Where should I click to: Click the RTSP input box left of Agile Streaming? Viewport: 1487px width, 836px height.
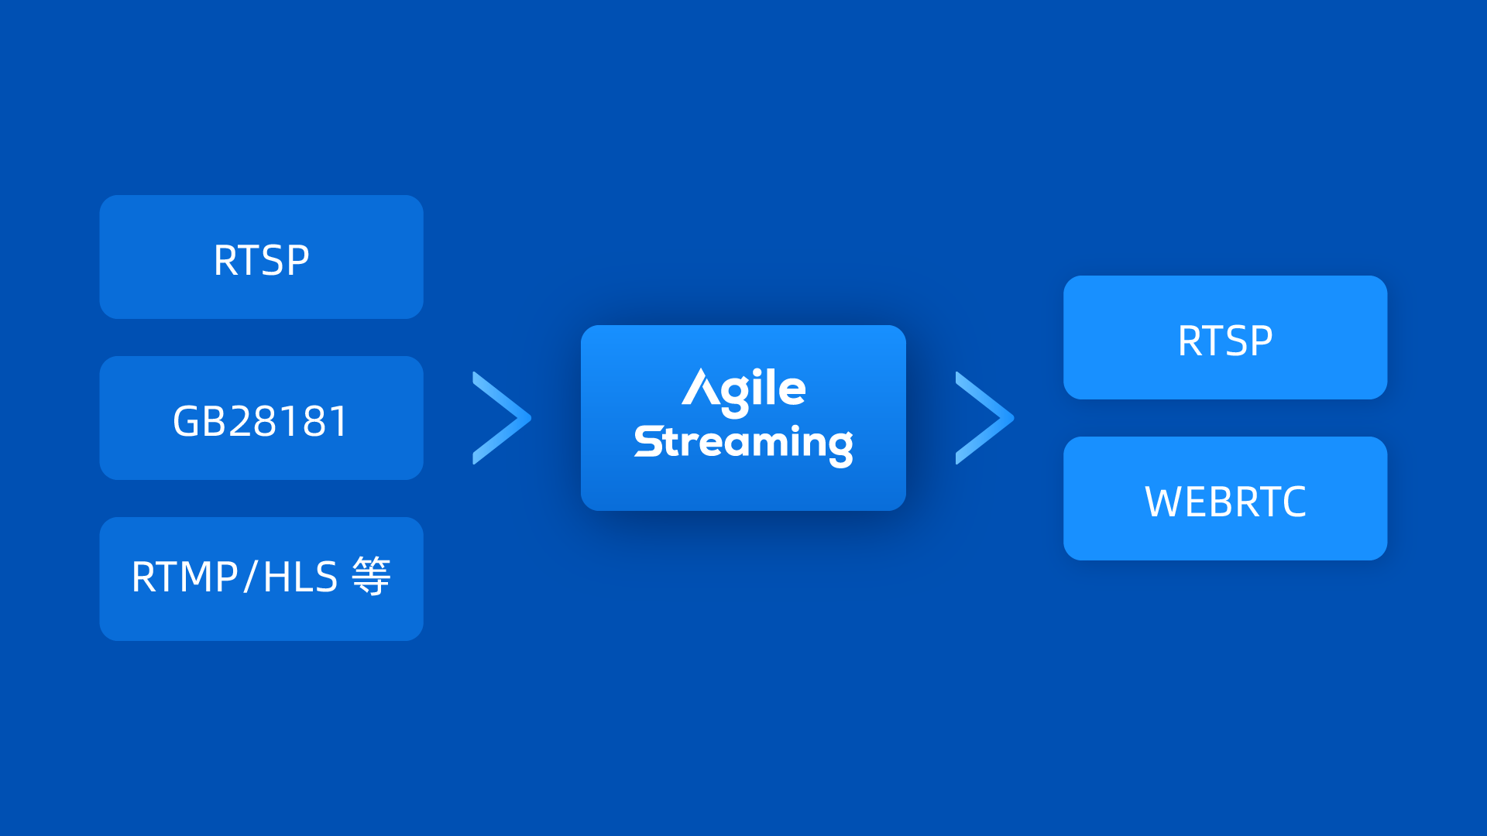coord(261,257)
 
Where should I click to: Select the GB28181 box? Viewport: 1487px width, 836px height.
coord(261,418)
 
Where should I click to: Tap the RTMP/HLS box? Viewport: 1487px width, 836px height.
coord(261,578)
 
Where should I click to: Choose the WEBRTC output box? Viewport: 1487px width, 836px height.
coord(1224,499)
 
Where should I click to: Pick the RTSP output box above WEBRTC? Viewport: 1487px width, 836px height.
coord(1224,337)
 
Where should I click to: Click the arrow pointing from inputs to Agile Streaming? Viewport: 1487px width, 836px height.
coord(501,418)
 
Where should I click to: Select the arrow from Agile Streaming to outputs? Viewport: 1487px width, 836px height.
coord(984,418)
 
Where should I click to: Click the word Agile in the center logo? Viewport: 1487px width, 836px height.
coord(743,389)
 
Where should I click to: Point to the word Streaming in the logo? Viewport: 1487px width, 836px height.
coord(743,443)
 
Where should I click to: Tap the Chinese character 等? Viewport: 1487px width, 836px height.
coord(372,577)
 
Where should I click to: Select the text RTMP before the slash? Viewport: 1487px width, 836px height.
coord(185,577)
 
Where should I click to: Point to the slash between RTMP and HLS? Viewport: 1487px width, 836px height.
coord(249,577)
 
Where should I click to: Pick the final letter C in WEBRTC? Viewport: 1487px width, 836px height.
coord(1291,502)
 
